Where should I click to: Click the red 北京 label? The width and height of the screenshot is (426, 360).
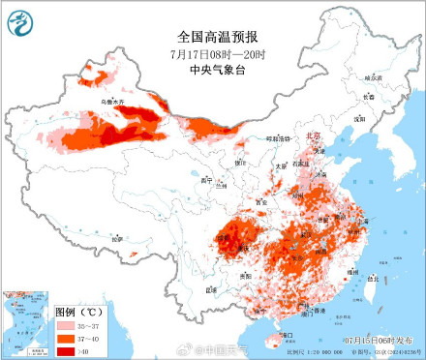313,136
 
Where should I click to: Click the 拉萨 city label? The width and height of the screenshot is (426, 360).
116,237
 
